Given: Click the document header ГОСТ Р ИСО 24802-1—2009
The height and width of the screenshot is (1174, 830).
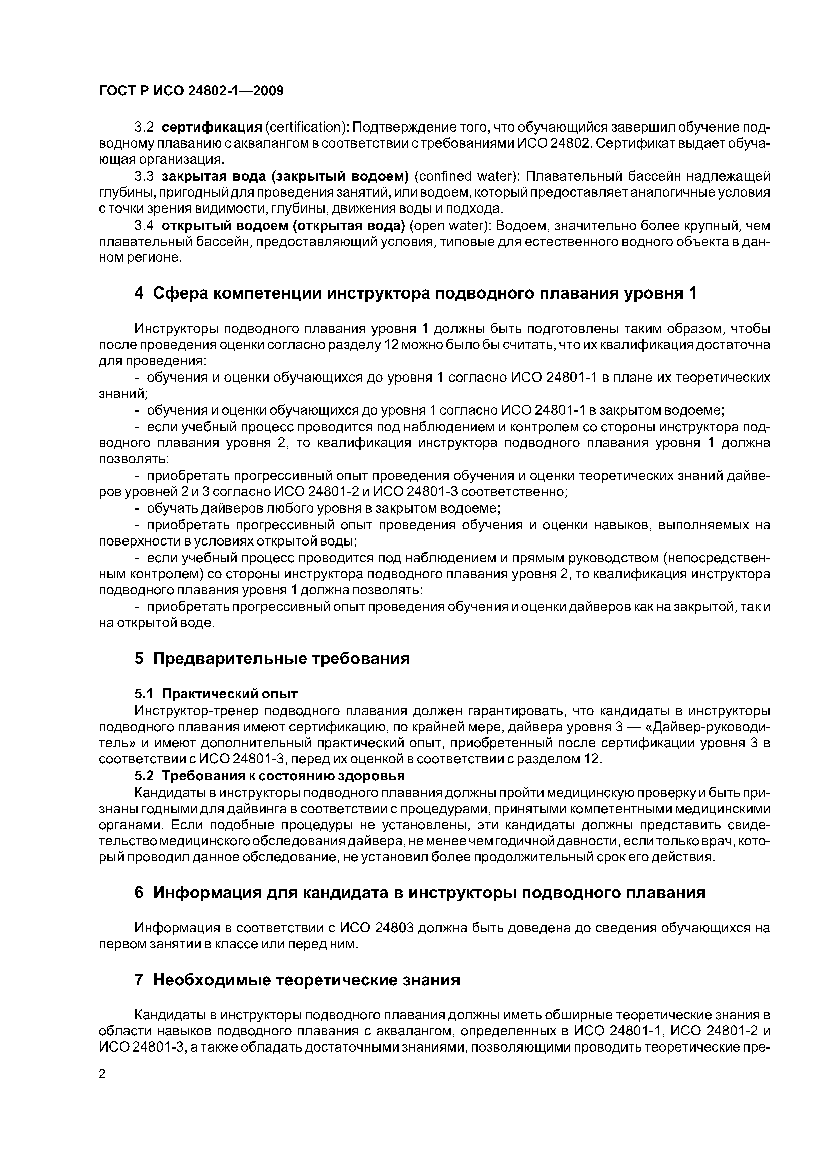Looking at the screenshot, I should click(191, 91).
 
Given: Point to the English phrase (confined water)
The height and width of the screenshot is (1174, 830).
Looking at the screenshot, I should click(467, 176).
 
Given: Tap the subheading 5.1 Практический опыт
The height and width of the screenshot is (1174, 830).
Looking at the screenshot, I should click(216, 694).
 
